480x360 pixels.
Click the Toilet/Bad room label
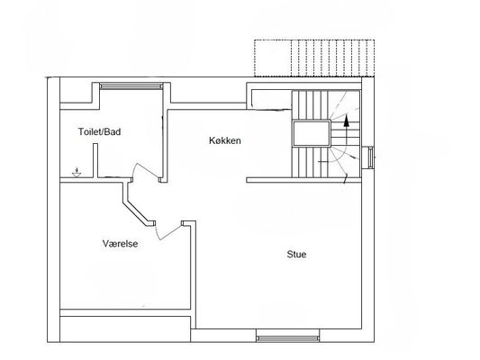pyautogui.click(x=99, y=131)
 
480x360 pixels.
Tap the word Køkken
pyautogui.click(x=225, y=140)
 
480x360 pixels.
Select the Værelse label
pyautogui.click(x=120, y=244)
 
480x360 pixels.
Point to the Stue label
pyautogui.click(x=296, y=255)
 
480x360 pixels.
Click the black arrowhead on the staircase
pyautogui.click(x=346, y=121)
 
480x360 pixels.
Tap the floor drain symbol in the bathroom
pyautogui.click(x=77, y=173)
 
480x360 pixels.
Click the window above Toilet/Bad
pyautogui.click(x=131, y=85)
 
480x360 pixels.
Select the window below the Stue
pyautogui.click(x=287, y=338)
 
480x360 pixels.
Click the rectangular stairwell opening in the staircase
pyautogui.click(x=312, y=134)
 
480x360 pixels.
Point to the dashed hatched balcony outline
pyautogui.click(x=314, y=58)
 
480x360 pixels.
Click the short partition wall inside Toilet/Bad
pyautogui.click(x=95, y=160)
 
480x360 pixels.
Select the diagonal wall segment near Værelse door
pyautogui.click(x=136, y=212)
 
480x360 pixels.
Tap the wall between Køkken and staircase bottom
pyautogui.click(x=303, y=180)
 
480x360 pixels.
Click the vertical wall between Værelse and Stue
pyautogui.click(x=193, y=274)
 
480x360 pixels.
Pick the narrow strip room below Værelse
pyautogui.click(x=125, y=328)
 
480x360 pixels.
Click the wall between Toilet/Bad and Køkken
pyautogui.click(x=165, y=146)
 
